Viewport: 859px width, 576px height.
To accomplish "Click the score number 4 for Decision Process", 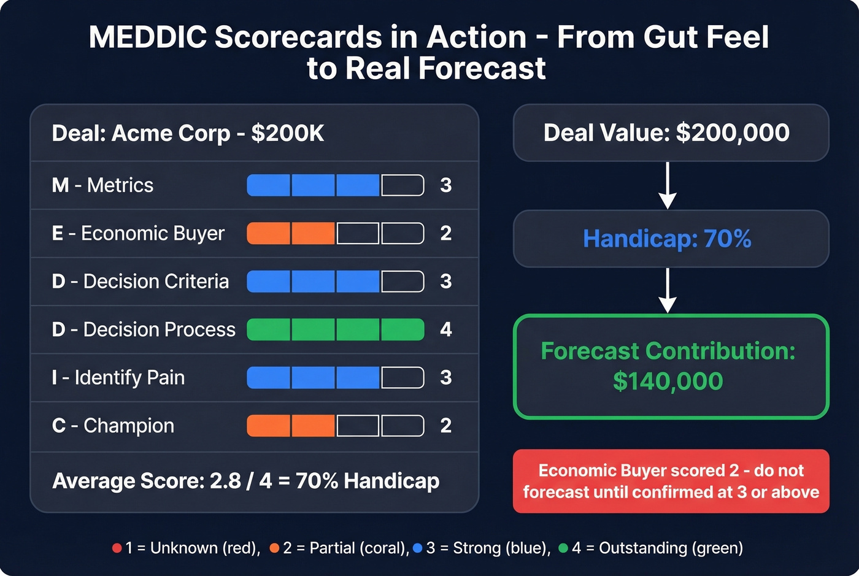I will click(x=446, y=329).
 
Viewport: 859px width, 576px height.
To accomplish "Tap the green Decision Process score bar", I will click(x=335, y=329).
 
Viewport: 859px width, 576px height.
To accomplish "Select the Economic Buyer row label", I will click(x=138, y=233).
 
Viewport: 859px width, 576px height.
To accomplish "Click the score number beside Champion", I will click(x=446, y=426).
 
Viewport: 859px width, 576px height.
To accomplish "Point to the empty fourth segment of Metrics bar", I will click(x=403, y=185).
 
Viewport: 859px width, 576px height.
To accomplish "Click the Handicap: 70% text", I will click(x=667, y=239).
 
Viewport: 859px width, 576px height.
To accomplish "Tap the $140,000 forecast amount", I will click(x=668, y=382).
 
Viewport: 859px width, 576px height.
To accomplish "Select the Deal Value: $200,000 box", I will click(x=671, y=133).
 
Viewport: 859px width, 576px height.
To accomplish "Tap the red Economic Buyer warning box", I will click(x=671, y=481).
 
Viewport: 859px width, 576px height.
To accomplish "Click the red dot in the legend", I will click(x=117, y=548).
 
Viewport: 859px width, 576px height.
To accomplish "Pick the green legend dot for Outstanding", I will click(x=563, y=548).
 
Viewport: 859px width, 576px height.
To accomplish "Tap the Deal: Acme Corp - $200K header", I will click(x=188, y=133).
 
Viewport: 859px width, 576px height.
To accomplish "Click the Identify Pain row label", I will click(x=118, y=378).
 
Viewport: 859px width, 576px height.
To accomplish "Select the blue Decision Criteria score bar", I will click(x=335, y=282).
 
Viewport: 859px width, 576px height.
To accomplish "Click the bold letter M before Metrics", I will click(x=60, y=185).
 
